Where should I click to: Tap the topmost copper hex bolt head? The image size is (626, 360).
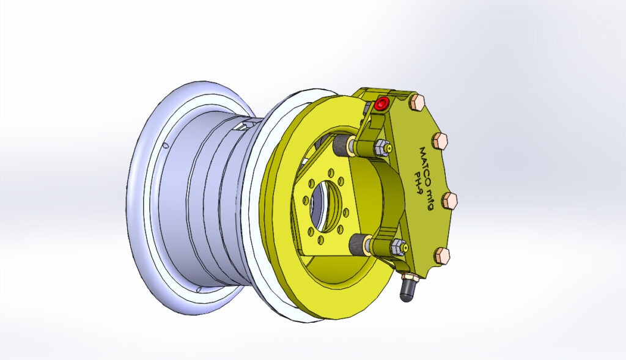[419, 102]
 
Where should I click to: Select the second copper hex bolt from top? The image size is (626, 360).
[439, 141]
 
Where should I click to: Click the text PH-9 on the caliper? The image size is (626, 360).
[416, 182]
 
